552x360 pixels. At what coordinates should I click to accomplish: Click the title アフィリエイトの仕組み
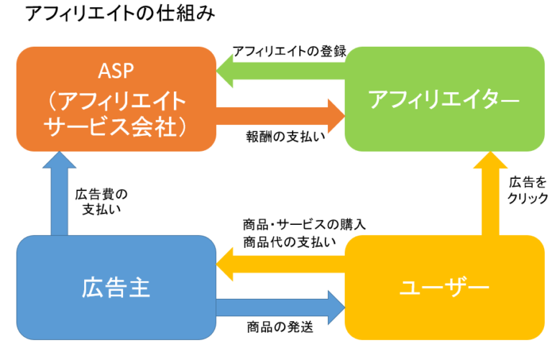pyautogui.click(x=120, y=14)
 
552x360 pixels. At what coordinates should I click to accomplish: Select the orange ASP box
pyautogui.click(x=116, y=99)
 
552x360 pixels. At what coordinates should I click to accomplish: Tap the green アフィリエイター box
pyautogui.click(x=445, y=99)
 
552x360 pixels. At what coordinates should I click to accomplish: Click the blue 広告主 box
pyautogui.click(x=116, y=287)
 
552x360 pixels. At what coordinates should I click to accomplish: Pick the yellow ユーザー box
pyautogui.click(x=445, y=287)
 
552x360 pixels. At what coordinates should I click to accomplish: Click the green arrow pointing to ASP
pyautogui.click(x=280, y=71)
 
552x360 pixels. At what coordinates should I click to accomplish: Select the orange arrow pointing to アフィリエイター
pyautogui.click(x=280, y=116)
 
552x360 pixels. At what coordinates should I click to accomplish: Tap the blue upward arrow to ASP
pyautogui.click(x=59, y=193)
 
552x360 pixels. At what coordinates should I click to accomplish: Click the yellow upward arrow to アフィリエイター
pyautogui.click(x=490, y=193)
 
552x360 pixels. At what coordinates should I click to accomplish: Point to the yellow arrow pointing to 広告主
pyautogui.click(x=280, y=264)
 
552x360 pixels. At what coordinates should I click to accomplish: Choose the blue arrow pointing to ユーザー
pyautogui.click(x=280, y=308)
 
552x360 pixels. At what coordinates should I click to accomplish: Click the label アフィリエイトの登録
pyautogui.click(x=290, y=52)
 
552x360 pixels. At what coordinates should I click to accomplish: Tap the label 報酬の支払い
pyautogui.click(x=285, y=137)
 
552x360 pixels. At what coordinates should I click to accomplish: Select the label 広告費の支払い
pyautogui.click(x=101, y=202)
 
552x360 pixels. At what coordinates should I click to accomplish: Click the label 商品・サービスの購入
pyautogui.click(x=304, y=224)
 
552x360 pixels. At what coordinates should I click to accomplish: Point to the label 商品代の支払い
pyautogui.click(x=290, y=242)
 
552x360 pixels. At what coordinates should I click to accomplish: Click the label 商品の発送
pyautogui.click(x=280, y=327)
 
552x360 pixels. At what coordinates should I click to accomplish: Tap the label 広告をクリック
pyautogui.click(x=528, y=190)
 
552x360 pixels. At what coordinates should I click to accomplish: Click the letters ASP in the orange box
pyautogui.click(x=116, y=71)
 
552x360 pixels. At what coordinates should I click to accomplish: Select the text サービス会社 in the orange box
pyautogui.click(x=110, y=126)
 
